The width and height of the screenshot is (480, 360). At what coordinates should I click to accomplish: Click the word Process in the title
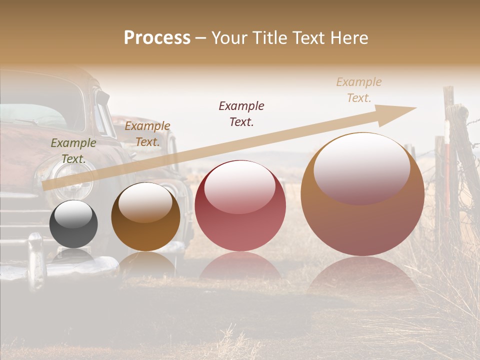[x=157, y=38]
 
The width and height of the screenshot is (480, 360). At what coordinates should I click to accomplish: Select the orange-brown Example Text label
[x=147, y=133]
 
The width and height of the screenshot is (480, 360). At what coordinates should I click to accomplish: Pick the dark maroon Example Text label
[x=241, y=113]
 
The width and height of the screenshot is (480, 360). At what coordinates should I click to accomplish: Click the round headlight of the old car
[x=73, y=180]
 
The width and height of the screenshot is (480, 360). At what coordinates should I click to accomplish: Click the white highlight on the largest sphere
[x=361, y=167]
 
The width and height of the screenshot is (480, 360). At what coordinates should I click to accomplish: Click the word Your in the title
[x=230, y=38]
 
